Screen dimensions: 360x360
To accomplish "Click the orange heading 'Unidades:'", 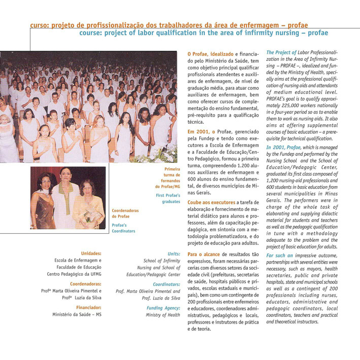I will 91,253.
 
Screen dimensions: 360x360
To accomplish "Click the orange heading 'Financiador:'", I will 89,307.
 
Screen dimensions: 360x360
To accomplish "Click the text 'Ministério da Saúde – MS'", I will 77,315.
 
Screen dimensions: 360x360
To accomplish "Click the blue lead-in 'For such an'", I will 279,255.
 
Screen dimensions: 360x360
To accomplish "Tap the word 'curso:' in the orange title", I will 39,24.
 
